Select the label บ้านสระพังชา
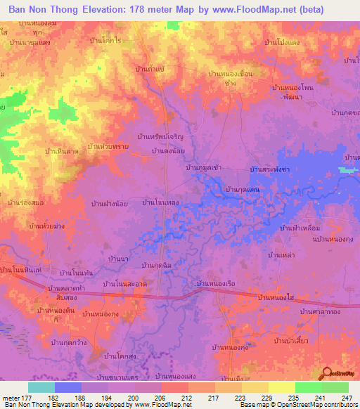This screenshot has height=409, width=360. pos(270,169)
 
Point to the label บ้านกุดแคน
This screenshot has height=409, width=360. pos(242,190)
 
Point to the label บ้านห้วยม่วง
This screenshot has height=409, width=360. pos(47,226)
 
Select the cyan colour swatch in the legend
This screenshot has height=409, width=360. pos(41,387)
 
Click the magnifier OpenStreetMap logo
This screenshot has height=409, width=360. pos(327,374)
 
